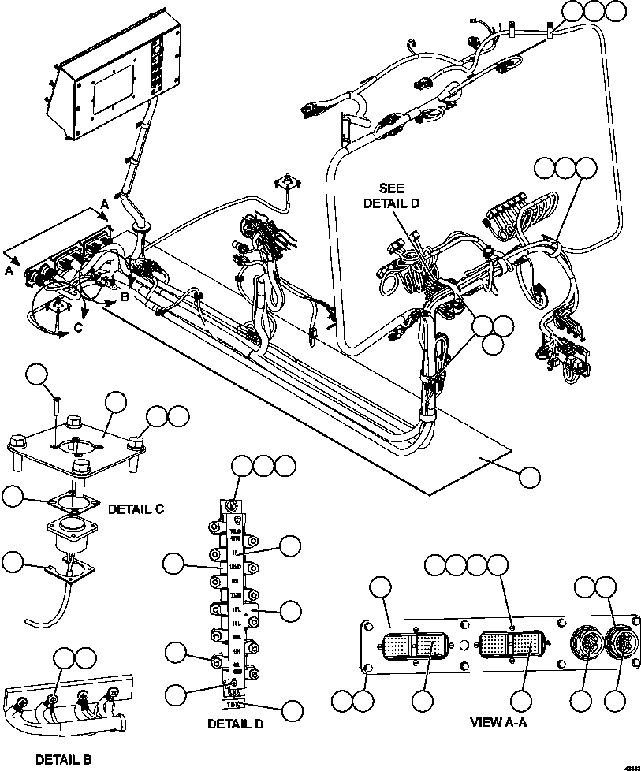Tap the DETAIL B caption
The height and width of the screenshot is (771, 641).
click(x=63, y=759)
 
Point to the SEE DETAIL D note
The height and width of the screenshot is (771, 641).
click(x=392, y=196)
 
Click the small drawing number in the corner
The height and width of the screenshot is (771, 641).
click(x=631, y=765)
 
